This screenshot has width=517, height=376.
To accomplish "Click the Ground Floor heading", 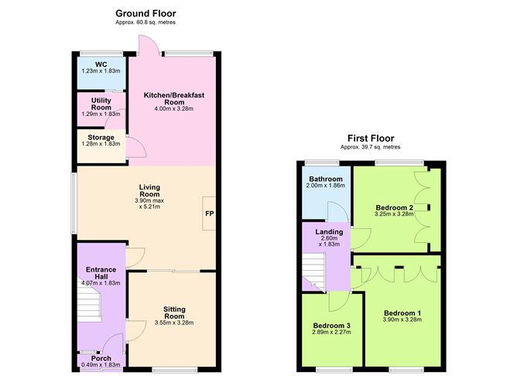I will point(146,13).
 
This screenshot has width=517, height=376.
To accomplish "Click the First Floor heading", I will point(372,138).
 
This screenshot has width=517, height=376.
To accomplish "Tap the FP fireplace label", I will point(209,214).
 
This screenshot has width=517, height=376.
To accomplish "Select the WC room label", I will point(101,64).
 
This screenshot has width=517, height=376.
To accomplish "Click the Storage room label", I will point(101,138).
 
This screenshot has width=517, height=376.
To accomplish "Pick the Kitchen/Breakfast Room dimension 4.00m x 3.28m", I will point(174,109).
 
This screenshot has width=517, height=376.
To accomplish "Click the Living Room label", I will point(149,188).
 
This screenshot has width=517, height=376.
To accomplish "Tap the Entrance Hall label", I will point(101,274).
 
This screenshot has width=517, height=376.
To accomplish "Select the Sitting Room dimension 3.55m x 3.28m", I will point(173,323).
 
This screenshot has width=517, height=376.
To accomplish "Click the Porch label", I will point(101,357).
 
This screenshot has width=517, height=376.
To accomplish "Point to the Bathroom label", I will point(325,179).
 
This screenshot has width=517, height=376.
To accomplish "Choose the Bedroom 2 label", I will point(395,207).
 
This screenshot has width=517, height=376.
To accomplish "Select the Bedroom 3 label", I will point(332,325).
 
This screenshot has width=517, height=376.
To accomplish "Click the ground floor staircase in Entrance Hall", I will point(91,306).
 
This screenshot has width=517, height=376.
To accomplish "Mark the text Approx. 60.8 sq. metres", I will point(146,22).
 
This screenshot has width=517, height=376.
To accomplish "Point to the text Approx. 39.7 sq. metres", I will point(372,147).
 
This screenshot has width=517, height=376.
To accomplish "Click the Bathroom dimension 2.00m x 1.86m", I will point(325,186).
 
